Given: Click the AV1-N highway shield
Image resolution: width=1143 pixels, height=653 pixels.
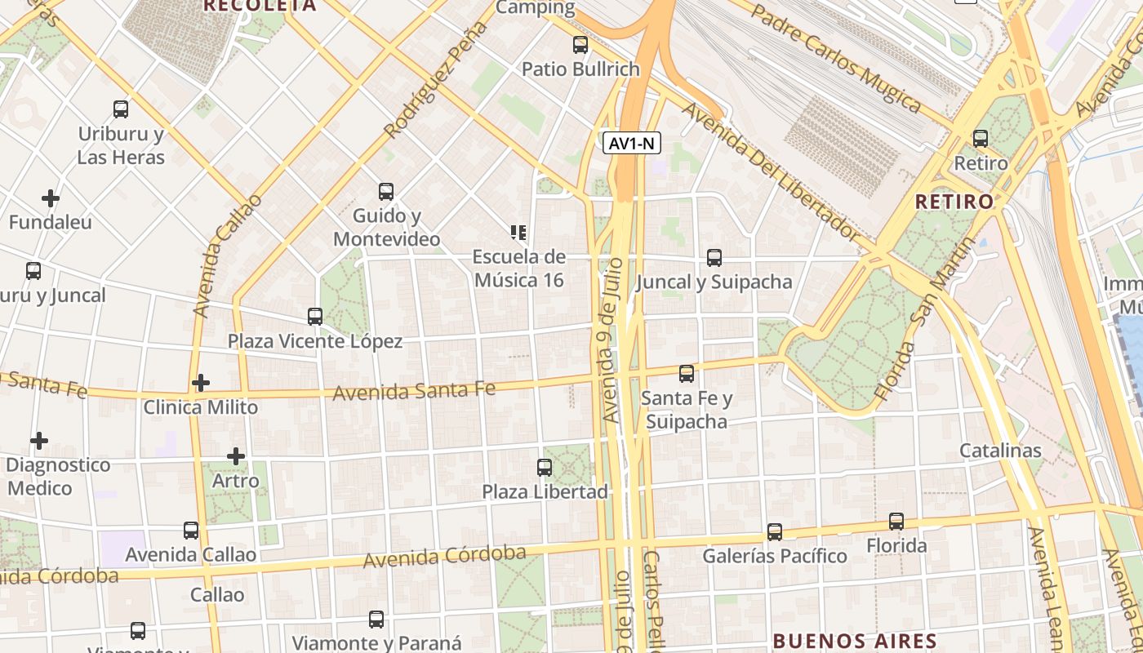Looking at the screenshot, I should tap(632, 144).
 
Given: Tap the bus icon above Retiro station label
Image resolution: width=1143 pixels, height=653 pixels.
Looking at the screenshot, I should tap(981, 139).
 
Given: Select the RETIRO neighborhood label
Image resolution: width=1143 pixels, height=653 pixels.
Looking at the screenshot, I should tap(954, 202).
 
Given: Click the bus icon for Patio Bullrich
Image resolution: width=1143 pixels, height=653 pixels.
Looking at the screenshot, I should tap(580, 45).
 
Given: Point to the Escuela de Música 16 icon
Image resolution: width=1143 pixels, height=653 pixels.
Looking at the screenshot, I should tap(518, 233).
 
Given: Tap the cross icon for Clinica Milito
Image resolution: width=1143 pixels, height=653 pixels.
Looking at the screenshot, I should tap(201, 382).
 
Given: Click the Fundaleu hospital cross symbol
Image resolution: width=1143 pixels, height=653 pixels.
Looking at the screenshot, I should tap(51, 198).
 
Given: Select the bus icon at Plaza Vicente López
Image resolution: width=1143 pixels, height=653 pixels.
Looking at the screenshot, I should tap(315, 317).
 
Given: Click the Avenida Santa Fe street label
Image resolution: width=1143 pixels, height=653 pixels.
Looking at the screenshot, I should tap(414, 391).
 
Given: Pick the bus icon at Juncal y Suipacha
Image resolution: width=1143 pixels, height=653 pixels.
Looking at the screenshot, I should tap(714, 258).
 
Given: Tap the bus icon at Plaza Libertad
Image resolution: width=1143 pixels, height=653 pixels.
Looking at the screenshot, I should tap(545, 468).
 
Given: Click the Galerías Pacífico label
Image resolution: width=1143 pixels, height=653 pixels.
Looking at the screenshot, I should tap(775, 556).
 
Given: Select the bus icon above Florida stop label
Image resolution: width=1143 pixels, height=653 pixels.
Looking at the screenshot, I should tap(896, 522).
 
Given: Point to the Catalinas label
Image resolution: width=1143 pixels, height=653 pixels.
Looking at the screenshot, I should tap(1000, 451).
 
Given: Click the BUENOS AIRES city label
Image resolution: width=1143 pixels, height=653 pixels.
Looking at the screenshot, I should tap(854, 640).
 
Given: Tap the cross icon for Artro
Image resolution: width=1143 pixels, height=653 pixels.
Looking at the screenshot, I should tap(236, 456).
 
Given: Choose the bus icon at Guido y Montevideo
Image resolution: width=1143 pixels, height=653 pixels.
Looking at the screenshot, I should tap(386, 192).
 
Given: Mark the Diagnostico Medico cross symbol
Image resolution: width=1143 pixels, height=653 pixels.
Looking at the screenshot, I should tap(38, 442).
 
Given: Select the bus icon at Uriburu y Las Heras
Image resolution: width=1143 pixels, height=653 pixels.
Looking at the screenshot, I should tap(121, 109).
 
